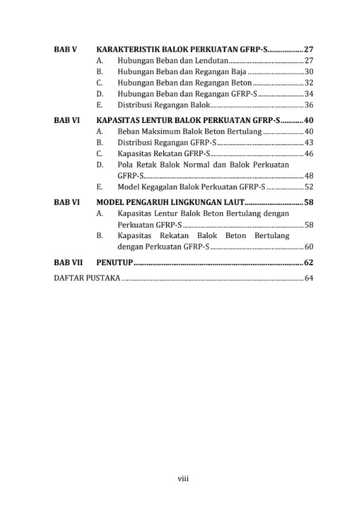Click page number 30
click(309, 72)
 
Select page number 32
click(309, 83)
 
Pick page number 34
click(309, 93)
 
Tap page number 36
click(309, 104)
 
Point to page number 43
click(309, 142)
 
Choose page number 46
click(309, 153)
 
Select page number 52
click(309, 186)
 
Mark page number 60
click(309, 247)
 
